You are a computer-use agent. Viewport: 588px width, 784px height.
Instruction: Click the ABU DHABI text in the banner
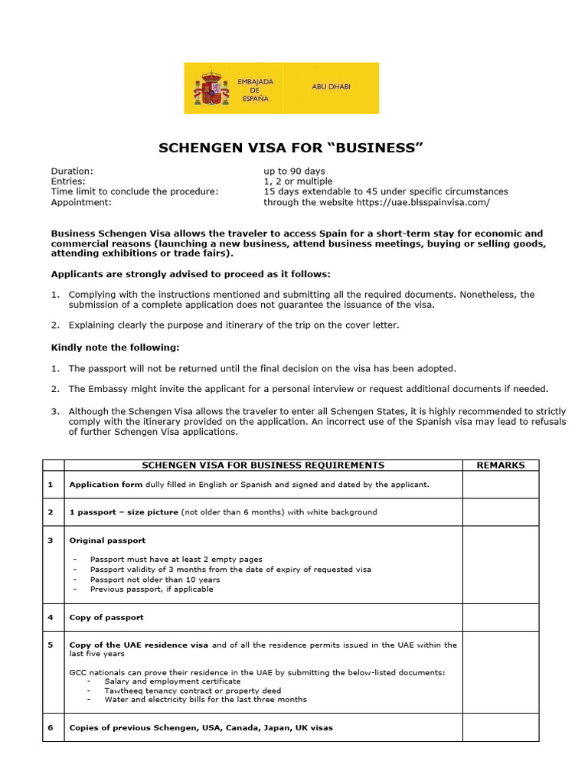[331, 87]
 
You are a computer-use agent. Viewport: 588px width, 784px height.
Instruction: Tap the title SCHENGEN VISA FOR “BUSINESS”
[290, 147]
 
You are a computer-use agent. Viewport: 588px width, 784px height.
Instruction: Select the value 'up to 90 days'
[294, 171]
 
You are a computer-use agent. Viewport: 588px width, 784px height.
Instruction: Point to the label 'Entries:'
[68, 181]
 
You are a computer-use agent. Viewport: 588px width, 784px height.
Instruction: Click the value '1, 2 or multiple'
[298, 181]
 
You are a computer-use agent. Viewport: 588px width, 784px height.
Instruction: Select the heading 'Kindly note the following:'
[115, 348]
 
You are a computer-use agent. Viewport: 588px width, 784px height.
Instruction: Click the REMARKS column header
[501, 465]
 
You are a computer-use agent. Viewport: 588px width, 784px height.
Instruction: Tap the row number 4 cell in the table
[51, 617]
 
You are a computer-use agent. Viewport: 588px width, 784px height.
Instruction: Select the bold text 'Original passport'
[107, 541]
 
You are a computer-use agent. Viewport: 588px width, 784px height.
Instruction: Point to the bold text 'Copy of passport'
[106, 617]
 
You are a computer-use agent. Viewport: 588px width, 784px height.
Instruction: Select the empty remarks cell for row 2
[501, 511]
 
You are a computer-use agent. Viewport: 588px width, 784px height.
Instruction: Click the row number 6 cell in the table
[51, 727]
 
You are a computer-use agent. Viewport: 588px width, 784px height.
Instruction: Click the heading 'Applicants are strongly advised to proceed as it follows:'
[191, 274]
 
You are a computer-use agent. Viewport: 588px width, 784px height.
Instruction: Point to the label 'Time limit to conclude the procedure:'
[135, 191]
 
